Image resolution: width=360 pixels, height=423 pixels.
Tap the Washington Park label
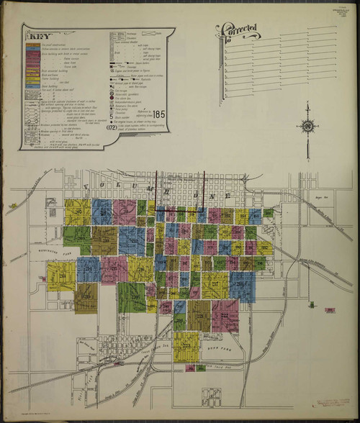point(47,253)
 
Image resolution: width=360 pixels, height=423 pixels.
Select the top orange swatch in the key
point(32,44)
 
